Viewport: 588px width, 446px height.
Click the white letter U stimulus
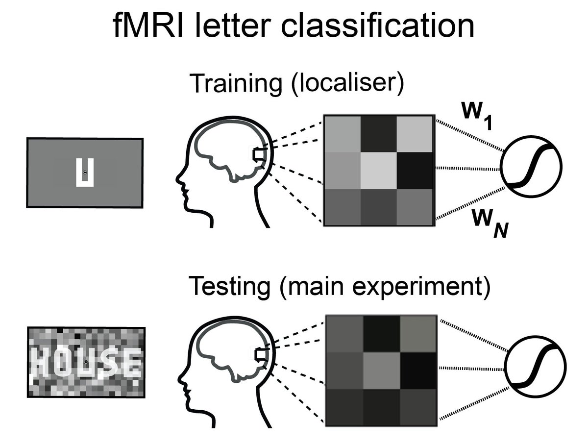[85, 173]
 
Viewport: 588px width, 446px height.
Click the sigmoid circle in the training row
[531, 167]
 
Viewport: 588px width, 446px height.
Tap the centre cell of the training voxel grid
[379, 170]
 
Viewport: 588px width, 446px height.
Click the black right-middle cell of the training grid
[416, 170]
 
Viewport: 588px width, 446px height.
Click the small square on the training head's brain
[258, 155]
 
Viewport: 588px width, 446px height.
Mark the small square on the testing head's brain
[259, 354]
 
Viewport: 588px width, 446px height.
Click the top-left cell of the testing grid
[344, 333]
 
